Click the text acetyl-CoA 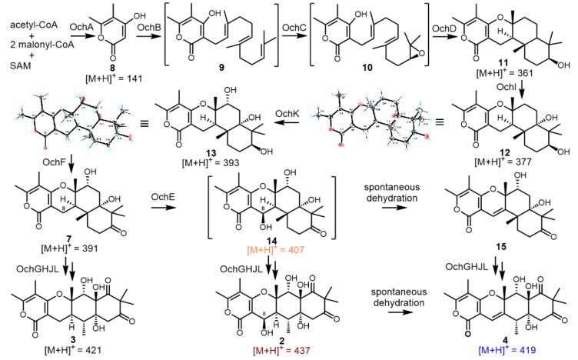(x=28, y=25)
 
